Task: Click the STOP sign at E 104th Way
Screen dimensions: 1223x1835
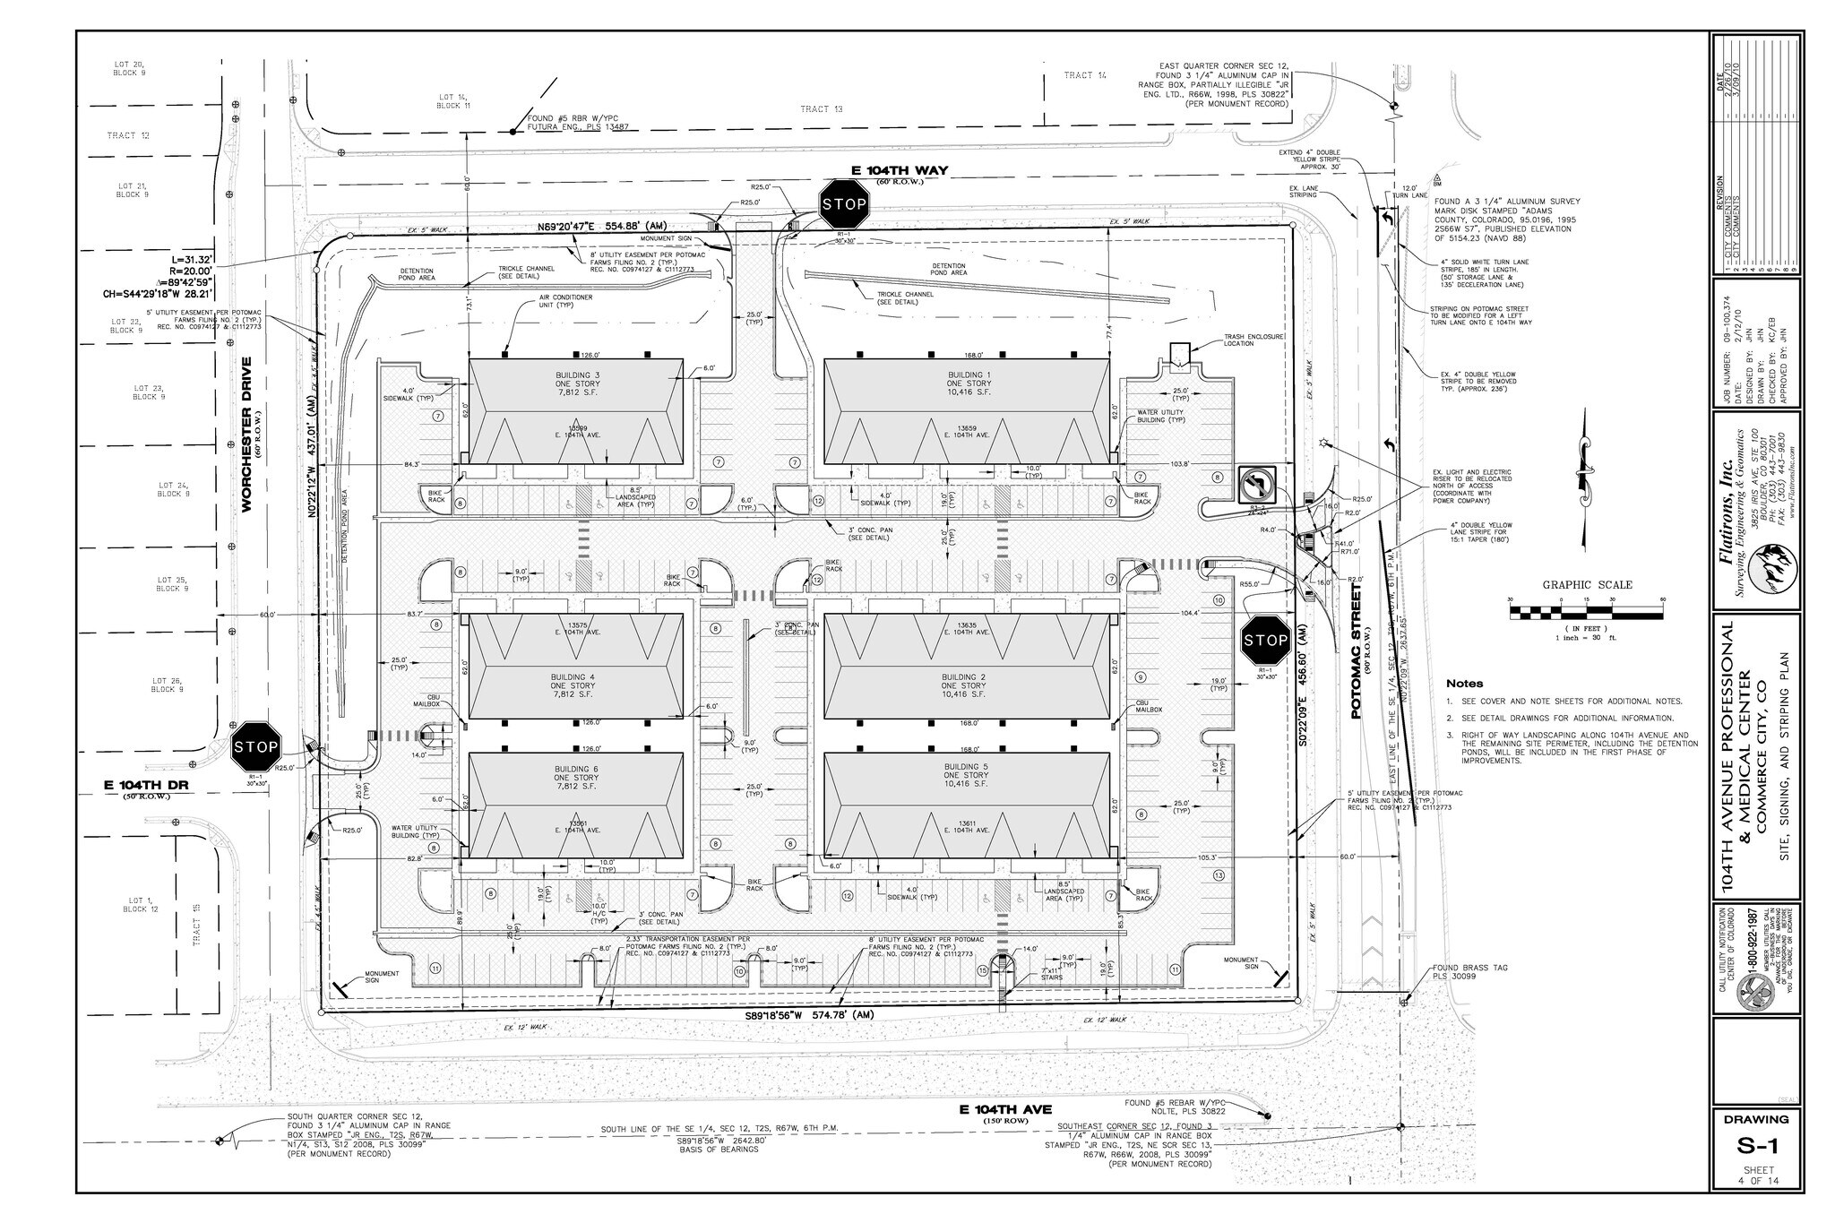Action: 844,203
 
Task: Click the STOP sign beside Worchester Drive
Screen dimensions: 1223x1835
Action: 255,745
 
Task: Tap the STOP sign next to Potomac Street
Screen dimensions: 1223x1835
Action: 1265,640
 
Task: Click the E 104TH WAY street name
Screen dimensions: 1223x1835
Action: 900,170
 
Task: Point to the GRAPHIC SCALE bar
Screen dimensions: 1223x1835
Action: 1587,613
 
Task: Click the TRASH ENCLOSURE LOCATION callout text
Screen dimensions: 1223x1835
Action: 1254,340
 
